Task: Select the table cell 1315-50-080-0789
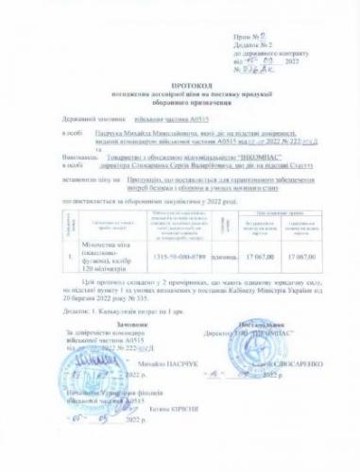(173, 257)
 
